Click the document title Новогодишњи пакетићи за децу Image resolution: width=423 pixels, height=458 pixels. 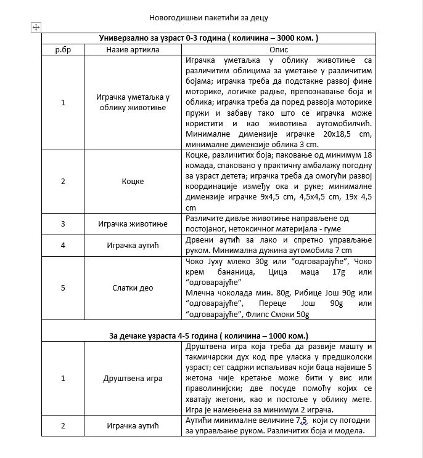click(208, 17)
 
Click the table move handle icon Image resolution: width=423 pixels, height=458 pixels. click(35, 27)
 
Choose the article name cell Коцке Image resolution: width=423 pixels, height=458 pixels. click(133, 182)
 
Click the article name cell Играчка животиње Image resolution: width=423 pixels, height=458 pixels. click(133, 223)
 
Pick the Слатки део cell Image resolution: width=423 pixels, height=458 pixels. click(133, 288)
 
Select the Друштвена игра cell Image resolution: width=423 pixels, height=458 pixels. click(133, 378)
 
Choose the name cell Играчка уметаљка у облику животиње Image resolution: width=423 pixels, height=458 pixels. click(133, 102)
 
